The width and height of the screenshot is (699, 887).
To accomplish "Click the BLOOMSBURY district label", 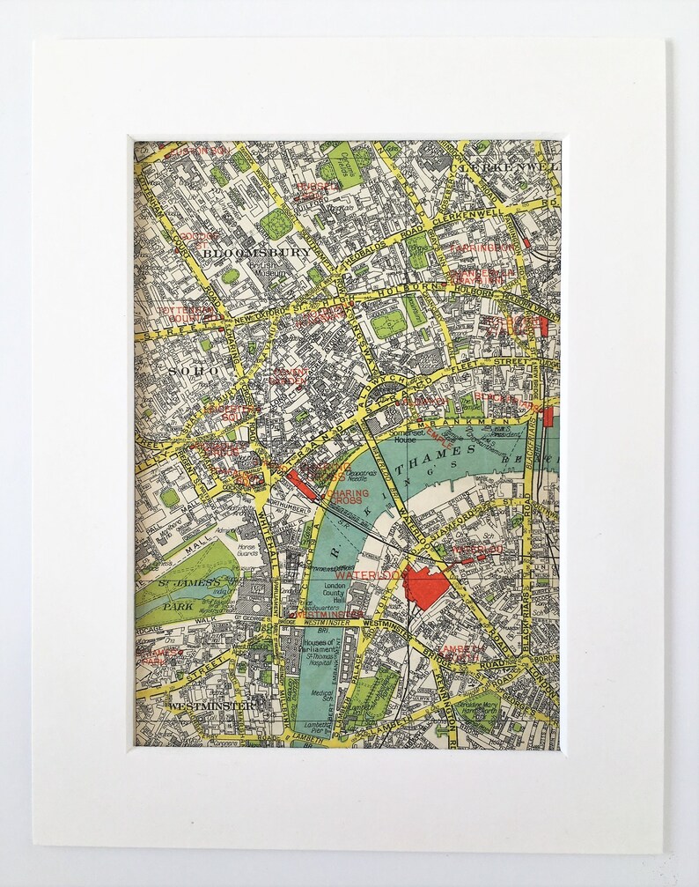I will point(256,252).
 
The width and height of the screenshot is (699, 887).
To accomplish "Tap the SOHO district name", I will point(193,371).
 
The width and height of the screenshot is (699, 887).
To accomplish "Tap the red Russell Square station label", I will point(318,188).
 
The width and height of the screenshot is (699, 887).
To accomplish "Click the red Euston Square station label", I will point(199,151).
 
